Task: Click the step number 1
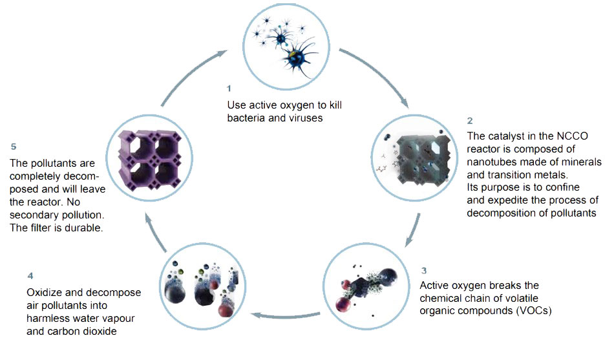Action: (x=229, y=89)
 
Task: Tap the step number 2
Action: (x=470, y=121)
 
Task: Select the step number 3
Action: (x=424, y=270)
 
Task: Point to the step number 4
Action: (x=30, y=276)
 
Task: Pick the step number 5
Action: (x=14, y=147)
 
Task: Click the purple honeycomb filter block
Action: (x=150, y=158)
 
